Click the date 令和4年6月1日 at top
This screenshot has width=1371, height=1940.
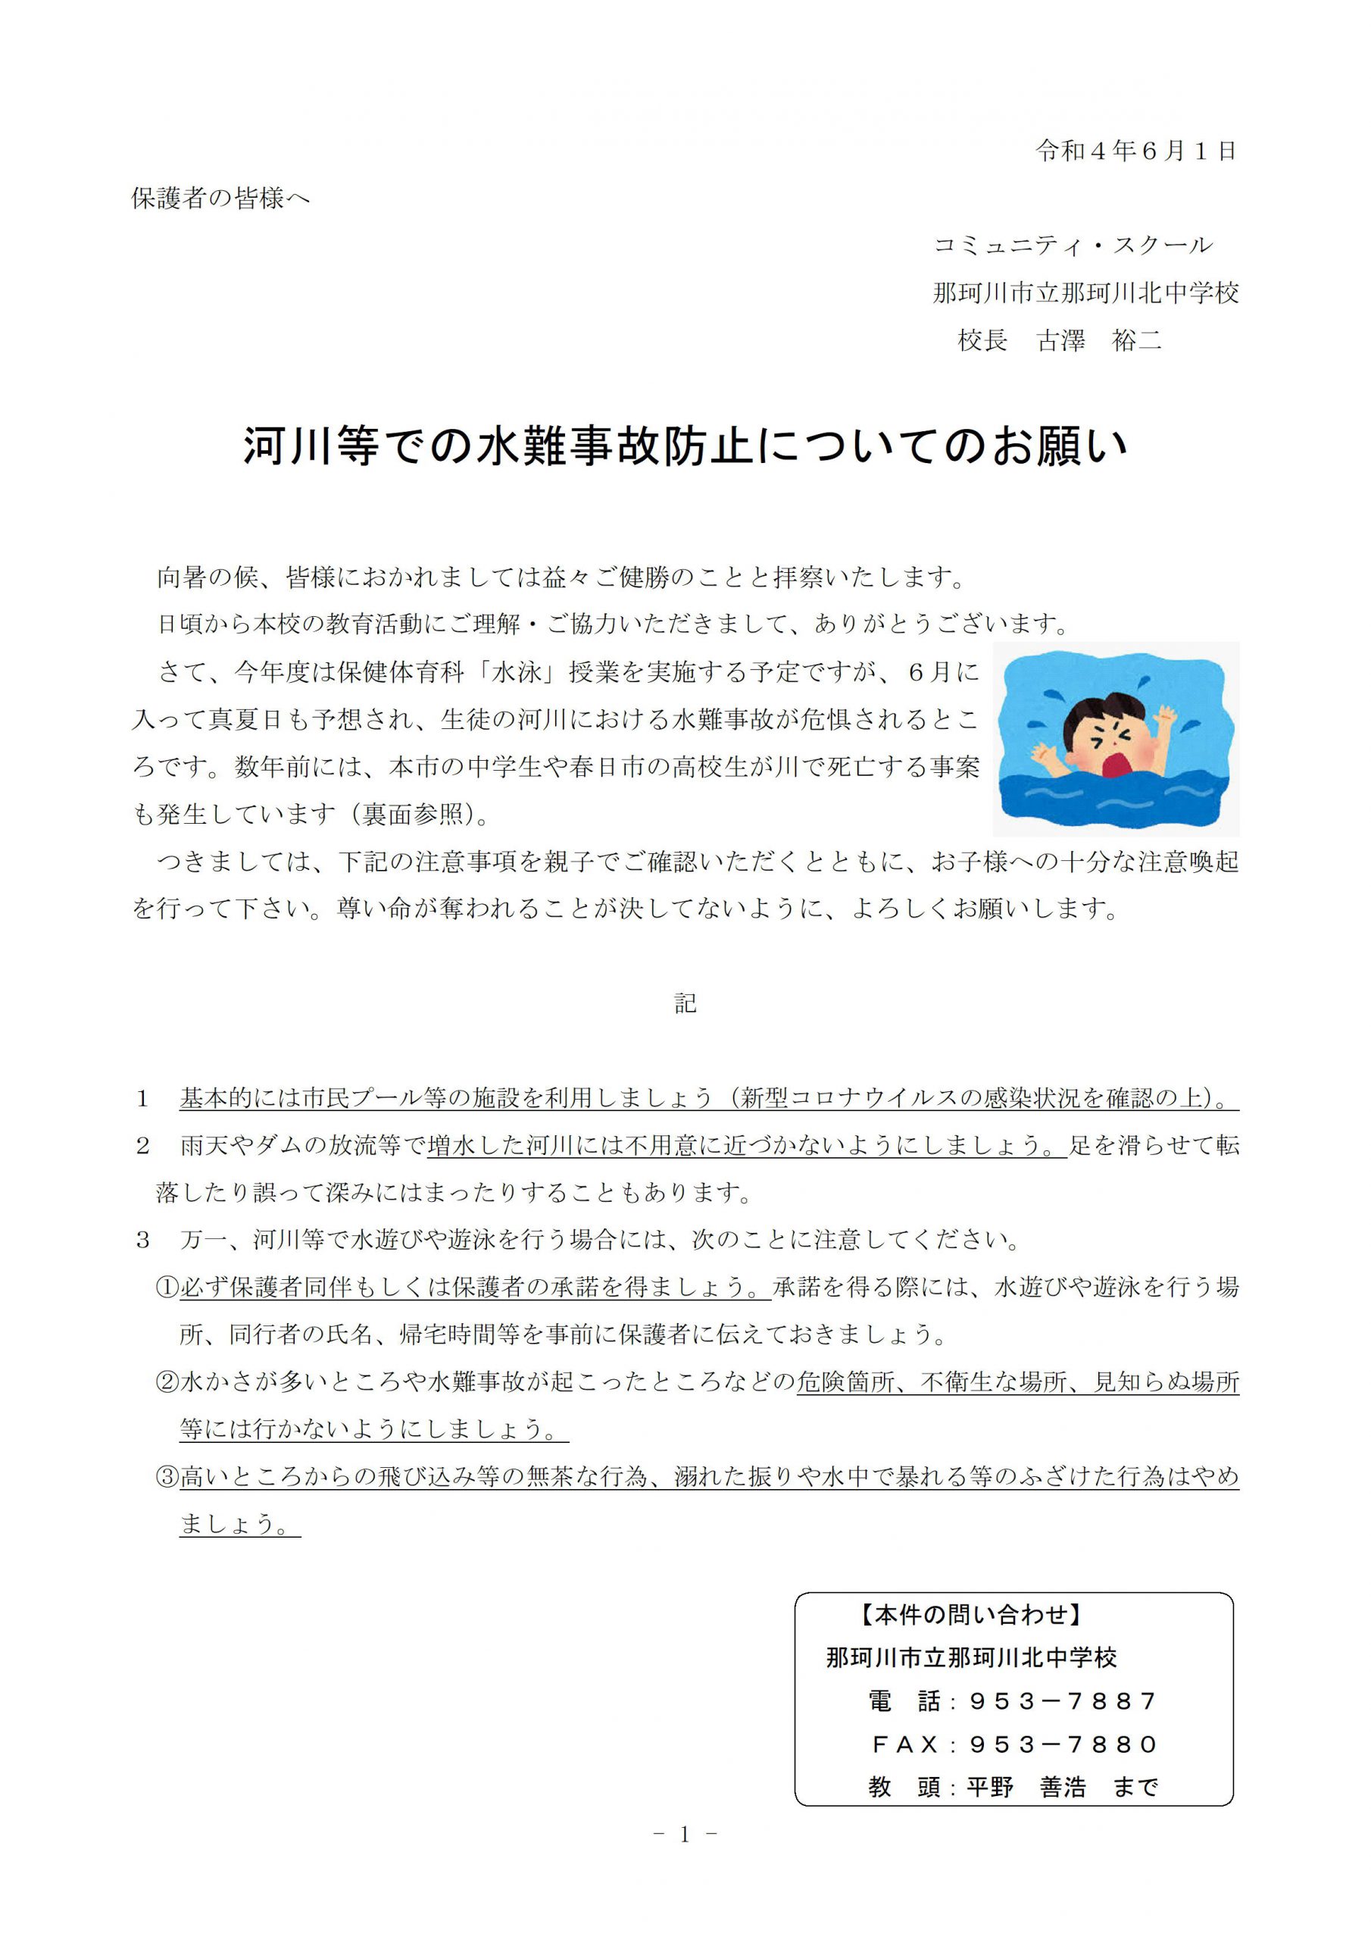pos(1135,152)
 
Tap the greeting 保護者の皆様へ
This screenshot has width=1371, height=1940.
pos(220,199)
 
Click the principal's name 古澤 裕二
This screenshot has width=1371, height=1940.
pos(1099,340)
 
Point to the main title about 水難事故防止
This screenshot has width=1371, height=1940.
pos(685,446)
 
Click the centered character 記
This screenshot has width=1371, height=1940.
pos(685,1003)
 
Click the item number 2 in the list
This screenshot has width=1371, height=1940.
pos(142,1146)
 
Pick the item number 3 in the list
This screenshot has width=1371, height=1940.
pos(142,1241)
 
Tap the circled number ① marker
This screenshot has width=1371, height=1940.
pos(167,1288)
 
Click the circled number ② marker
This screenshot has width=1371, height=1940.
pos(167,1382)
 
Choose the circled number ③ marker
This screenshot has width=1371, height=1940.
pos(167,1477)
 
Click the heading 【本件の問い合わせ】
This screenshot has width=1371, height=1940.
pos(972,1616)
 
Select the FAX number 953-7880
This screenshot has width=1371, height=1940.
pos(1063,1744)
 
